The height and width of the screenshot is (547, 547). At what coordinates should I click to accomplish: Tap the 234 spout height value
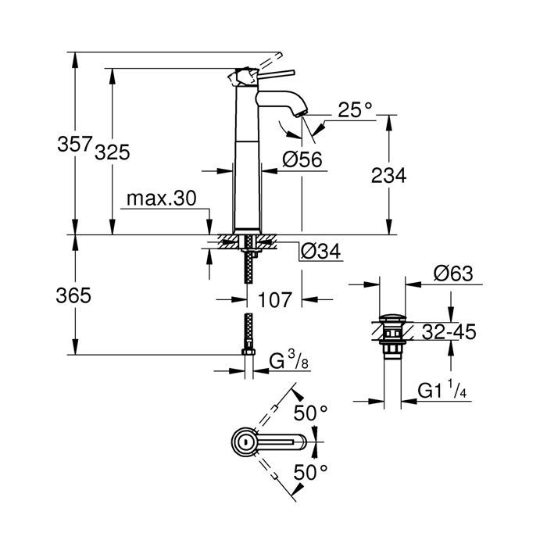pyautogui.click(x=388, y=177)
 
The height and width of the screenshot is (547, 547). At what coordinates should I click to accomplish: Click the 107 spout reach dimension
pyautogui.click(x=276, y=299)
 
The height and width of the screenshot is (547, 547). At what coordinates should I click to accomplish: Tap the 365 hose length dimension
pyautogui.click(x=74, y=295)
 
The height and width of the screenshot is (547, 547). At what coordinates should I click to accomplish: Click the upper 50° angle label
pyautogui.click(x=309, y=413)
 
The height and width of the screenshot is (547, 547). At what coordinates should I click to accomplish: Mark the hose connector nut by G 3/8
pyautogui.click(x=248, y=355)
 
